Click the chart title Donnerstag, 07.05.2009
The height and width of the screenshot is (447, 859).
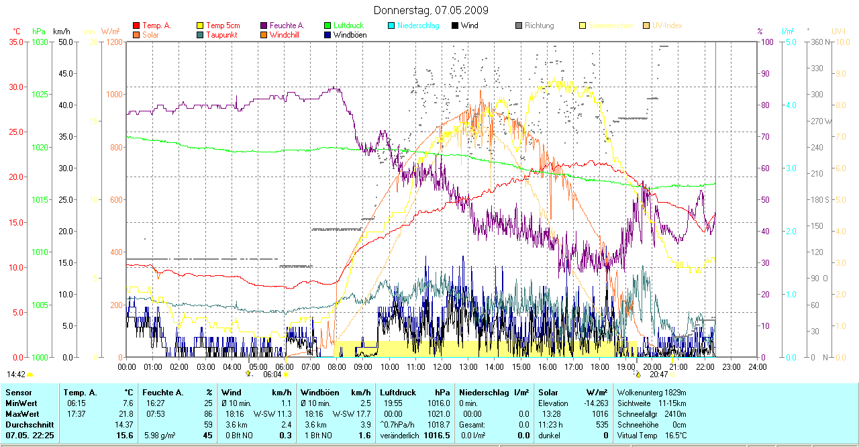click(431, 10)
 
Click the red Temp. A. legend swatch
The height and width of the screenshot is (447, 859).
click(136, 26)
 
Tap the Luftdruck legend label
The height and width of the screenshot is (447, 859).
click(348, 26)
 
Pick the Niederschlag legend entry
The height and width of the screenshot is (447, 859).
click(418, 26)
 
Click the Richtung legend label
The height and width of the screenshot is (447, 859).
click(540, 26)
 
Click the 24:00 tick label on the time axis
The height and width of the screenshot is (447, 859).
click(758, 367)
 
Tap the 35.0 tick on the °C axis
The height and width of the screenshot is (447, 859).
click(15, 42)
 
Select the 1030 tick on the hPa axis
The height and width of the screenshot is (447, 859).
click(40, 42)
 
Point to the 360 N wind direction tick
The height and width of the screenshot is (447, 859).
click(821, 42)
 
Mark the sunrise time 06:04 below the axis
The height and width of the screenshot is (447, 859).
click(272, 375)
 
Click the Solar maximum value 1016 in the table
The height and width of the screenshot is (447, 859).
click(599, 414)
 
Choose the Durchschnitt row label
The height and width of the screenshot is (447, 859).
click(28, 425)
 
